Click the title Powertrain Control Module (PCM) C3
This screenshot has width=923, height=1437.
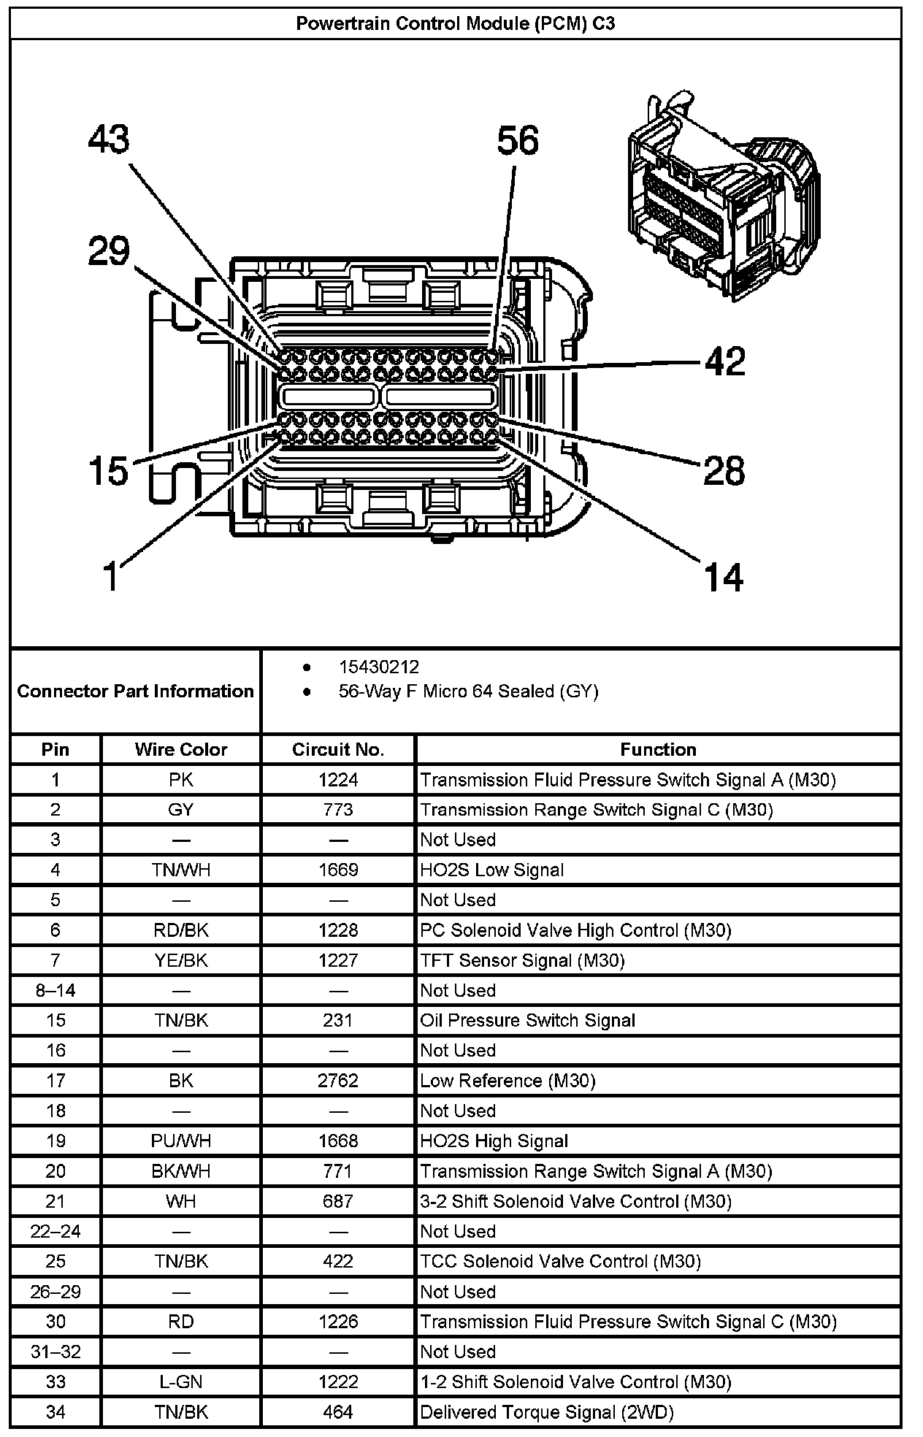pos(456,24)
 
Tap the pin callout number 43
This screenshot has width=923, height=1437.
pos(109,139)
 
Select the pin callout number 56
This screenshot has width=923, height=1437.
pos(518,140)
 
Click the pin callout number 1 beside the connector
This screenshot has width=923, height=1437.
pos(110,575)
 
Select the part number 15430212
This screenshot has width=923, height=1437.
pos(378,667)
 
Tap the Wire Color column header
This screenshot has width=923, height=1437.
pos(180,749)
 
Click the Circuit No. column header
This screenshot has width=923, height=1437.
pos(337,749)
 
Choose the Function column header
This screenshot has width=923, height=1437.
pos(658,749)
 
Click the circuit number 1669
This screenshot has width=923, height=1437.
pos(337,870)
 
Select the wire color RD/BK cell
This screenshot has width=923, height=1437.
pos(180,930)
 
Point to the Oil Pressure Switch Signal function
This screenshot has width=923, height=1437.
pos(527,1020)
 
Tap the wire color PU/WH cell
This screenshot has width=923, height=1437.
pos(180,1141)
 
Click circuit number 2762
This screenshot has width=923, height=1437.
pos(337,1080)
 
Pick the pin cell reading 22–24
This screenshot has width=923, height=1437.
pos(55,1231)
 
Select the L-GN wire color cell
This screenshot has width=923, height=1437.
pos(180,1382)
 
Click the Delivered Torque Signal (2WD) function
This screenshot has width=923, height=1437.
pos(546,1412)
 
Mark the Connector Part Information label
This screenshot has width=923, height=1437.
pos(135,691)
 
